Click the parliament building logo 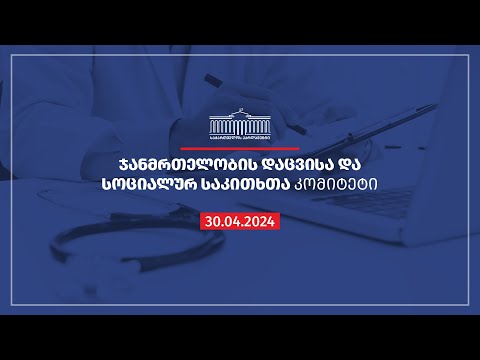pos(239,121)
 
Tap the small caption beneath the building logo pos(239,138)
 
